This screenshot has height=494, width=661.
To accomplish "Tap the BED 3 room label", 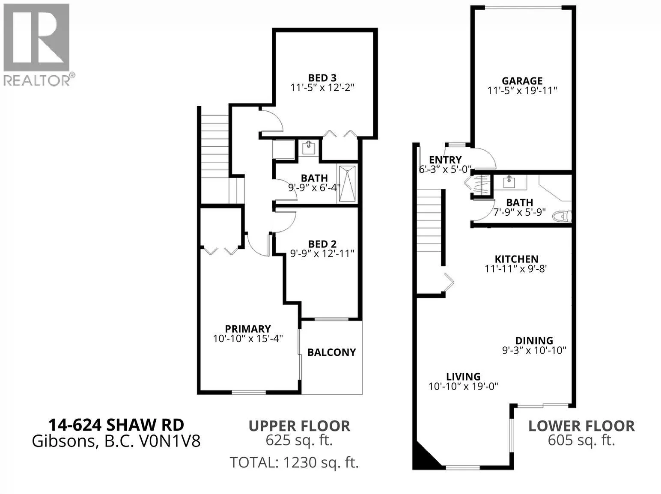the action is point(322,78).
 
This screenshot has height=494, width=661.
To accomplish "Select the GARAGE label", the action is point(522,80).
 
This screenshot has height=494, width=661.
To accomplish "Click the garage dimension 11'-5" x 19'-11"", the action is point(522,91).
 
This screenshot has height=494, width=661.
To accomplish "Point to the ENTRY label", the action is point(445,160).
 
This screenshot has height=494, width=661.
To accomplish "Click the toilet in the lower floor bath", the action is point(562,216).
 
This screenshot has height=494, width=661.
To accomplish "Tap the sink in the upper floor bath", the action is point(309,148).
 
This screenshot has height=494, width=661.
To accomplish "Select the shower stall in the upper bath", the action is point(347,183).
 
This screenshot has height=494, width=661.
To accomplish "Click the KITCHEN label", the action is point(516,259).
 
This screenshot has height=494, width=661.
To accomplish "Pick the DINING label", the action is point(534,340).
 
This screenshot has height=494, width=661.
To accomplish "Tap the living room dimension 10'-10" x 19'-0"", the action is point(463,386).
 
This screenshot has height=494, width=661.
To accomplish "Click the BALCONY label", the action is point(331,352).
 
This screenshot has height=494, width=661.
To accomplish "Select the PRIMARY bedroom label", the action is point(248,328).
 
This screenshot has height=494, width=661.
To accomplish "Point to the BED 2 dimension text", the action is point(322,253).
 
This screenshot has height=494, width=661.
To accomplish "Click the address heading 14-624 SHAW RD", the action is point(116,425).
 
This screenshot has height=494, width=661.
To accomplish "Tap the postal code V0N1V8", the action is point(170,441).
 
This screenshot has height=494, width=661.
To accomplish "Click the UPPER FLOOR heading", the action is point(299,426).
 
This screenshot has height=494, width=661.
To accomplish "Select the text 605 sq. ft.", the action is point(581,440).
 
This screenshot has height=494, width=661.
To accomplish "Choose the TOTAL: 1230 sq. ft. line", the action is point(294,462).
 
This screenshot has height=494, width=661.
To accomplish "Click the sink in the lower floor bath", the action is point(509,182).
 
